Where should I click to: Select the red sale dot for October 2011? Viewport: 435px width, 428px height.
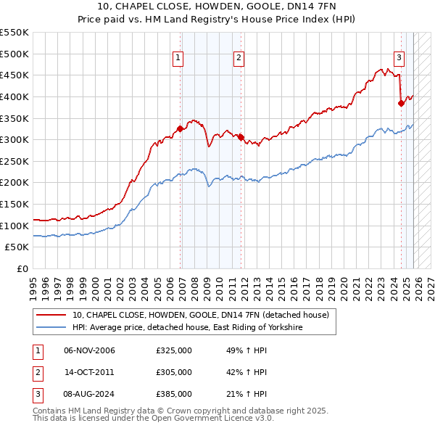[x=241, y=137]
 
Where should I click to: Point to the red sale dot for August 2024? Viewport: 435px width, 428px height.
[x=401, y=103]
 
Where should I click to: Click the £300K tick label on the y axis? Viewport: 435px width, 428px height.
[x=14, y=139]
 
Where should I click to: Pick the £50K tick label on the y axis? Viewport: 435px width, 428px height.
[x=17, y=247]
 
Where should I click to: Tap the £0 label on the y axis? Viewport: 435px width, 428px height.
[x=22, y=269]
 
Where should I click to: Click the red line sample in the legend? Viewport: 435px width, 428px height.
[x=51, y=315]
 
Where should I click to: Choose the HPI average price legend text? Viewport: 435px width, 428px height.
[x=186, y=328]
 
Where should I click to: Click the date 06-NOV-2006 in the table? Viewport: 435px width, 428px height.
[x=89, y=350]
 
